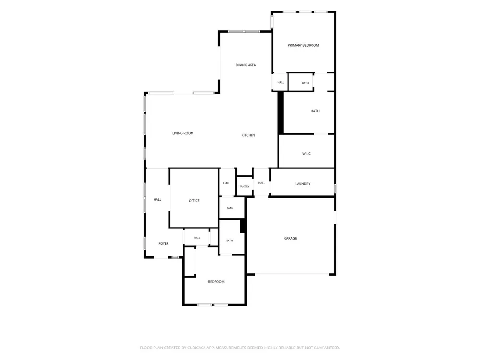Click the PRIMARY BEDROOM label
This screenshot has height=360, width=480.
[303, 45]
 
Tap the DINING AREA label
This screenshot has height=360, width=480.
[245, 65]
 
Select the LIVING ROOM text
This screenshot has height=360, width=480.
[183, 133]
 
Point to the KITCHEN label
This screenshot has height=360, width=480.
[248, 135]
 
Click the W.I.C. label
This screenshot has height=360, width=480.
[306, 154]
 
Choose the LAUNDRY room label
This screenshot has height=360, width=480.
[302, 184]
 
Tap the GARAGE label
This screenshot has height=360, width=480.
[290, 238]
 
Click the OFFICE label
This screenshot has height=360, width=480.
[194, 201]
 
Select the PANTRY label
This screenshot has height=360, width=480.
[244, 186]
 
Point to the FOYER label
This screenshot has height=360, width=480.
[164, 244]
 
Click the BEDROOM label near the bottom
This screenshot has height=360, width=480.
[216, 282]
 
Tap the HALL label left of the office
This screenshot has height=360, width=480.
[157, 200]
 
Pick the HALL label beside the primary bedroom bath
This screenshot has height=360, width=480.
[281, 83]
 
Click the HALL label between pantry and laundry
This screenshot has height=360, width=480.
[262, 183]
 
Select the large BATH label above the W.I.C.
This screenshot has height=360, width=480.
[315, 111]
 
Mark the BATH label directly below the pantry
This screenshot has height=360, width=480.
[230, 208]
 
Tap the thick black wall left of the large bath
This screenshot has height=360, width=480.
[280, 113]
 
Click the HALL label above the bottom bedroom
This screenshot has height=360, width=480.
[197, 238]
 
